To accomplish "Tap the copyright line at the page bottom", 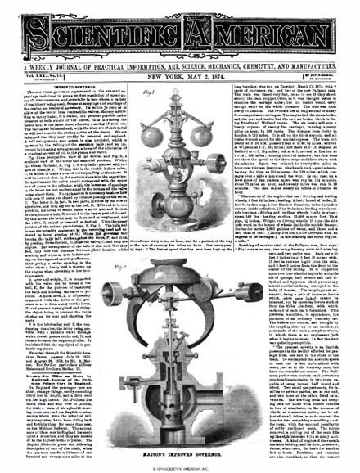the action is tap(179, 467).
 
